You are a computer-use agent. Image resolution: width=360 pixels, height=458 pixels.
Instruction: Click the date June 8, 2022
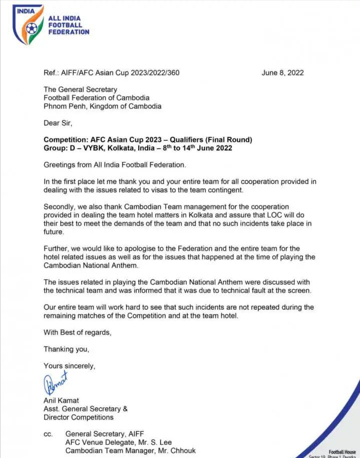coord(282,73)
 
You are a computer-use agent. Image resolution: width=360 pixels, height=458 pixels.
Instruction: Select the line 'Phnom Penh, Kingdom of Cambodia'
coord(102,106)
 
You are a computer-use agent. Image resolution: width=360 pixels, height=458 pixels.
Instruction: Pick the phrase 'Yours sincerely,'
coord(69,366)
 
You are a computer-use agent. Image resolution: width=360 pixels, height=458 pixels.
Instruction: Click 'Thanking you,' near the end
coord(66,349)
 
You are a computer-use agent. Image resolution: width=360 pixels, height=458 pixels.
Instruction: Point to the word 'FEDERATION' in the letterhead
coord(69,32)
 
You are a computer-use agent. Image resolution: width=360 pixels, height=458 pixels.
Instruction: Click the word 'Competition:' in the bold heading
coord(65,139)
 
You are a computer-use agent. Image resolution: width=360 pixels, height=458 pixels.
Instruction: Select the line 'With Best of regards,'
coord(77,332)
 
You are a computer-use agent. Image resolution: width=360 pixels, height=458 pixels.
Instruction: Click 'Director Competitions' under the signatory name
coord(78,417)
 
